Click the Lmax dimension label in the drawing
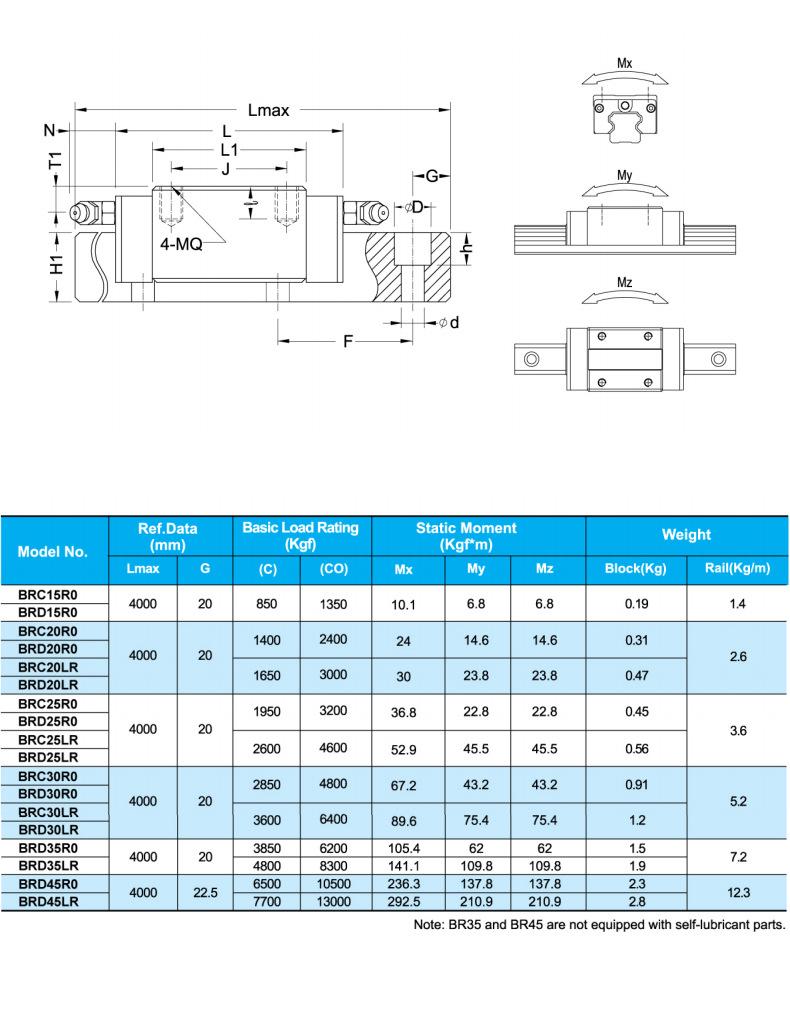pyautogui.click(x=268, y=111)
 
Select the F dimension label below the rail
pyautogui.click(x=347, y=342)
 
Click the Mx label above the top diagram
pyautogui.click(x=624, y=64)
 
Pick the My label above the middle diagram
pyautogui.click(x=624, y=176)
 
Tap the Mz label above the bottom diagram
pyautogui.click(x=624, y=283)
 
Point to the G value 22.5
pyautogui.click(x=205, y=892)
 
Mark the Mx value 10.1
pyautogui.click(x=404, y=604)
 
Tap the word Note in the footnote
pyautogui.click(x=431, y=925)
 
